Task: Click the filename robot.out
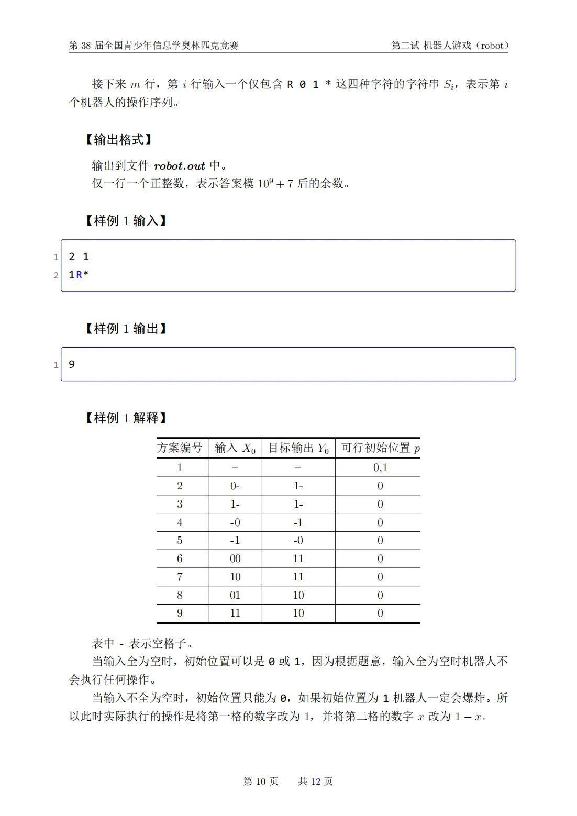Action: [179, 166]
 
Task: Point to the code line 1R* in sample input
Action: [79, 275]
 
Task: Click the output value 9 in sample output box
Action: [72, 364]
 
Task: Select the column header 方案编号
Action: [180, 448]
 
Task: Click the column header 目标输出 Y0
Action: [298, 448]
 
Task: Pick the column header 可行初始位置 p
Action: [380, 448]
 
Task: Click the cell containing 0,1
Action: [380, 467]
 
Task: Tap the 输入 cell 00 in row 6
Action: [235, 558]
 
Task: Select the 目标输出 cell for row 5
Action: [298, 540]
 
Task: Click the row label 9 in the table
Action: [180, 613]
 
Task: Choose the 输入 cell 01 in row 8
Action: [235, 595]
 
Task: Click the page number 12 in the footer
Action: [316, 781]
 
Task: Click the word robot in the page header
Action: [492, 46]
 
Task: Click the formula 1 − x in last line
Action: [467, 717]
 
